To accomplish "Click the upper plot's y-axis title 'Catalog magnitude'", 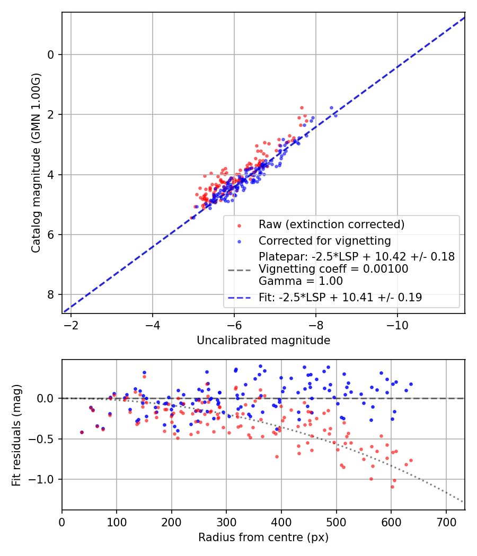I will [36, 163].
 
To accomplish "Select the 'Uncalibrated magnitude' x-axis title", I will [263, 340].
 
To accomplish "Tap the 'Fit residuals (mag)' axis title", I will [16, 434].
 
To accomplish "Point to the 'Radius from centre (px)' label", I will [263, 537].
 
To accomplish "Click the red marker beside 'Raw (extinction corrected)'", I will [239, 225].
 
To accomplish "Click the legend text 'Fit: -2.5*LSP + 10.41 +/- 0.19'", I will [340, 298].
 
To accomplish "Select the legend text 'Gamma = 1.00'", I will [301, 281].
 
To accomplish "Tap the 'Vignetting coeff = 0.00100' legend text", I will [333, 269].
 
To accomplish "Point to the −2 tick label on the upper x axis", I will [71, 325].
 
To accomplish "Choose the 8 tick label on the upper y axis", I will [51, 295].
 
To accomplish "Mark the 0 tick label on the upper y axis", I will [51, 55].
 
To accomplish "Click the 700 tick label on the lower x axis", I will [446, 522].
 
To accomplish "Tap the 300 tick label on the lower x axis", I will [226, 522].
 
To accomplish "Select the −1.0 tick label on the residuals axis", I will [45, 480].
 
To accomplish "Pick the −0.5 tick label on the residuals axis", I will [45, 439].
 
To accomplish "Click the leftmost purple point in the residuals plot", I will [82, 432].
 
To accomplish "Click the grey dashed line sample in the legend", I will [239, 270].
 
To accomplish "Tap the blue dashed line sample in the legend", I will [239, 298].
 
